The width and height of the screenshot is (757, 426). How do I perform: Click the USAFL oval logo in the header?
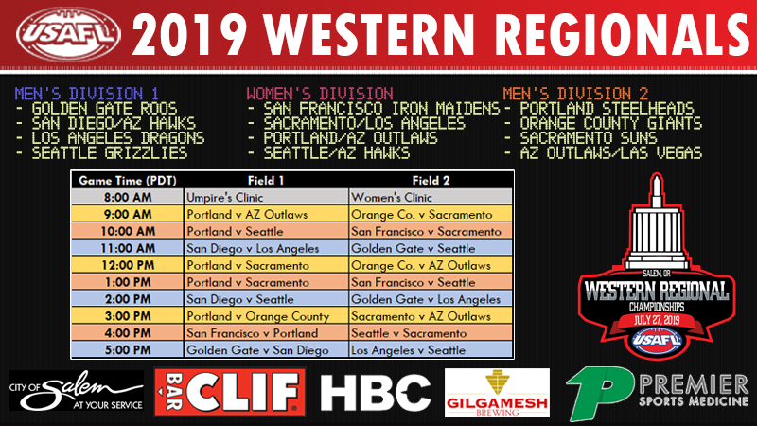68,34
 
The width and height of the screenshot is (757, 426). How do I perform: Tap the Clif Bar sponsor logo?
230,392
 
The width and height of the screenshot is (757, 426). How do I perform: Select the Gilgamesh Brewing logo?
497,393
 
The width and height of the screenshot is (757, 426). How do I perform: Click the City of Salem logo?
77,391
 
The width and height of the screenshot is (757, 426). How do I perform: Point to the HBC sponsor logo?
375,393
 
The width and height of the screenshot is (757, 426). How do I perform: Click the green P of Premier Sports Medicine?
599,392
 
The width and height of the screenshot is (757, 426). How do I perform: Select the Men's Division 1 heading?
86,93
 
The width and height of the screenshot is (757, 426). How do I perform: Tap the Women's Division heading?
320,93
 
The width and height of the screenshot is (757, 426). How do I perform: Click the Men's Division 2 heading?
575,93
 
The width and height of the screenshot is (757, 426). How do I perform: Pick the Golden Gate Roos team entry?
97,108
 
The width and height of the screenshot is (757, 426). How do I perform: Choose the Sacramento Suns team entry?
581,138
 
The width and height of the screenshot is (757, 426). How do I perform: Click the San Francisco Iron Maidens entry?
374,108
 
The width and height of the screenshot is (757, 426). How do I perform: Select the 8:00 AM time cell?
128,197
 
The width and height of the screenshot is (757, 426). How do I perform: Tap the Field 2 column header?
431,181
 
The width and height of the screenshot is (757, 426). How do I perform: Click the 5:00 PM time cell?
128,349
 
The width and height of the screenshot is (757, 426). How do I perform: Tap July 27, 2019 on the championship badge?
656,320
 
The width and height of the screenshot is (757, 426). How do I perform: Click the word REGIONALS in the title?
622,35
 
